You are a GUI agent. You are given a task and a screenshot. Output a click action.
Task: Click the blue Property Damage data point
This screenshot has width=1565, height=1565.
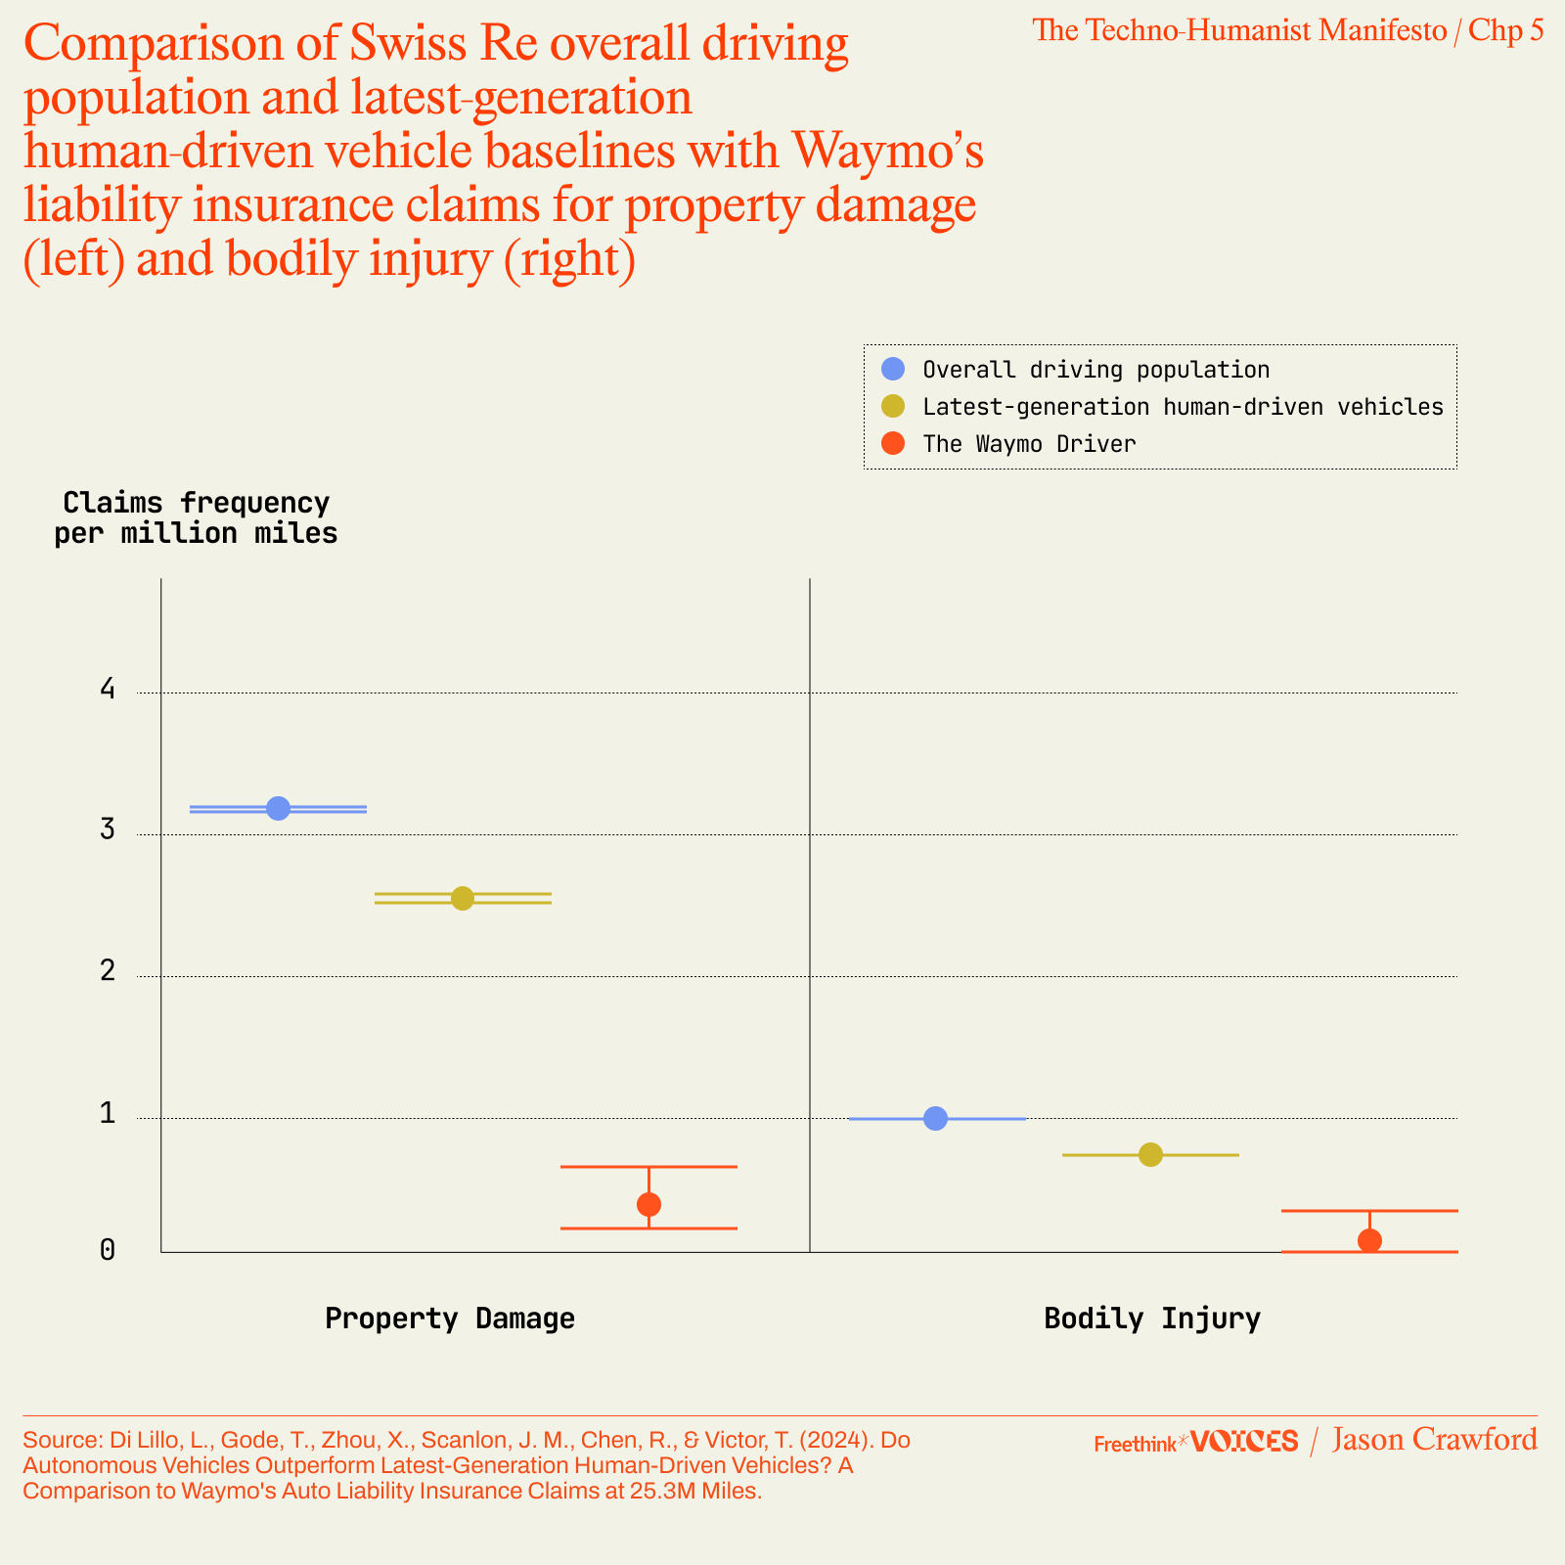click(278, 808)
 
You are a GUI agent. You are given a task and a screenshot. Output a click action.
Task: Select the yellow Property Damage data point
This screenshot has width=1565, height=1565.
click(463, 898)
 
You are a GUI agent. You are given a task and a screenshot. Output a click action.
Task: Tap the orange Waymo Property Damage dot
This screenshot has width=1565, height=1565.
click(648, 1204)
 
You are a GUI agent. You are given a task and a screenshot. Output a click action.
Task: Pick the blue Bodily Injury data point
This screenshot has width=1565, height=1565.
click(935, 1118)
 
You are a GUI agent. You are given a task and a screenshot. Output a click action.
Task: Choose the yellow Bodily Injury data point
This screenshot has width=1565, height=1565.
click(1150, 1154)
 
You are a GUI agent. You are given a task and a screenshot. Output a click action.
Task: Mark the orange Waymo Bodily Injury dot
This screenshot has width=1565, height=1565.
click(1369, 1240)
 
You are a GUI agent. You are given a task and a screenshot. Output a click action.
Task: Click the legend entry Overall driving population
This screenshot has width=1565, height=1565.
click(1095, 370)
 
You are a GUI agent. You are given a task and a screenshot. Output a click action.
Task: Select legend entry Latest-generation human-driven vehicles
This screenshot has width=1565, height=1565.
click(1183, 407)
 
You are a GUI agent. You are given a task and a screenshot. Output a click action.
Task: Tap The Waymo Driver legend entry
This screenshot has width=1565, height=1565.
click(1029, 444)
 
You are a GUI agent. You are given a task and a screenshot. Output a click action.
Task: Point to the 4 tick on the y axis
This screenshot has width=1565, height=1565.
click(108, 690)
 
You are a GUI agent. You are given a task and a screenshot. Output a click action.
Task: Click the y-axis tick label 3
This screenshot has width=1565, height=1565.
click(108, 830)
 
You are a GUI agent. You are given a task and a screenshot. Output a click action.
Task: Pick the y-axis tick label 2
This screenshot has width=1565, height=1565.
click(108, 971)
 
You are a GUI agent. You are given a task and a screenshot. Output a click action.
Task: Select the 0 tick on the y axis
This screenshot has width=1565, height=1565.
click(108, 1250)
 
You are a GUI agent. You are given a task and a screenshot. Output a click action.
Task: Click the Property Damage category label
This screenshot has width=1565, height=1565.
click(450, 1319)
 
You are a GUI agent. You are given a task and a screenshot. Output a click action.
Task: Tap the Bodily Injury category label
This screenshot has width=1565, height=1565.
click(1152, 1319)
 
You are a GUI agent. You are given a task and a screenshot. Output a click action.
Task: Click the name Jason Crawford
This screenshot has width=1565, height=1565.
click(1434, 1440)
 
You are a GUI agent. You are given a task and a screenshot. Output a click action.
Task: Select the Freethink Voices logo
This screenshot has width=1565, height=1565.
click(1195, 1442)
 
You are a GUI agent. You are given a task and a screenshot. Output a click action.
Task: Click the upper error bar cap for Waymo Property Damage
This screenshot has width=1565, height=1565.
click(648, 1167)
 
